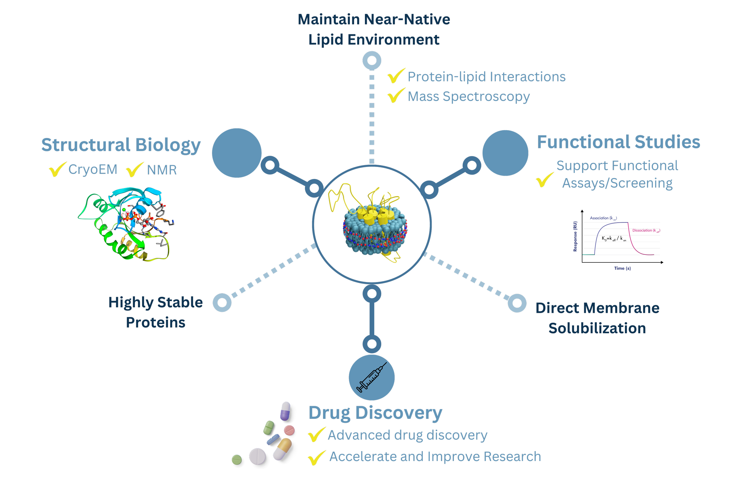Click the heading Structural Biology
(x=121, y=145)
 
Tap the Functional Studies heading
(x=618, y=142)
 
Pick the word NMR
(x=162, y=170)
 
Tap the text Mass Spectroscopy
(x=468, y=97)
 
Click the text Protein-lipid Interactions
(x=486, y=77)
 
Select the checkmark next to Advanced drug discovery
(x=316, y=435)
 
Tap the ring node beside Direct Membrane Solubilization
(x=517, y=303)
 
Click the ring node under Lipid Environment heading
(x=372, y=60)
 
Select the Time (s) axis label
(x=622, y=268)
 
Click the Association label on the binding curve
(x=603, y=218)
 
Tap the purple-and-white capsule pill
(x=286, y=411)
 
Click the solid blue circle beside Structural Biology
(x=237, y=153)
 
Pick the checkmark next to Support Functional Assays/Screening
(x=545, y=180)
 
